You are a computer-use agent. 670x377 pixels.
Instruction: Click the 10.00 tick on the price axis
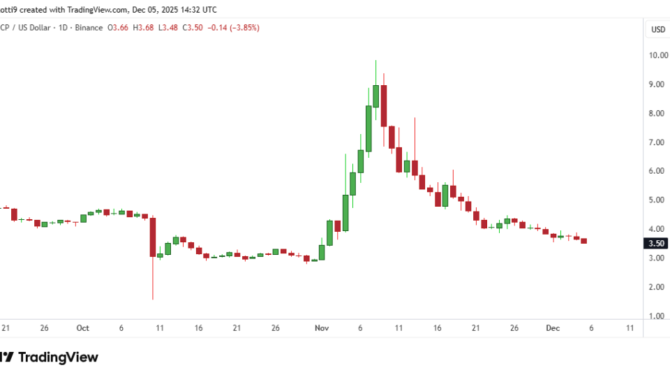pyautogui.click(x=658, y=55)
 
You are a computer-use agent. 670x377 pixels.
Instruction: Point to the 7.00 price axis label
pyautogui.click(x=658, y=142)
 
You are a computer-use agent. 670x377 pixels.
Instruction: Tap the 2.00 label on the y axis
pyautogui.click(x=658, y=287)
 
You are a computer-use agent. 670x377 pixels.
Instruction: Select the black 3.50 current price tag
pyautogui.click(x=657, y=244)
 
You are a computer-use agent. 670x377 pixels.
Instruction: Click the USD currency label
pyautogui.click(x=658, y=29)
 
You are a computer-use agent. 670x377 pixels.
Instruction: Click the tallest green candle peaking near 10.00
pyautogui.click(x=375, y=96)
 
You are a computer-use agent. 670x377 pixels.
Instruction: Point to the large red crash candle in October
pyautogui.click(x=152, y=237)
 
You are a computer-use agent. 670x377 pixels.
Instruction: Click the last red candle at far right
pyautogui.click(x=584, y=241)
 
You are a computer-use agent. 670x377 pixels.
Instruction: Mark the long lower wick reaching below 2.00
pyautogui.click(x=152, y=279)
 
